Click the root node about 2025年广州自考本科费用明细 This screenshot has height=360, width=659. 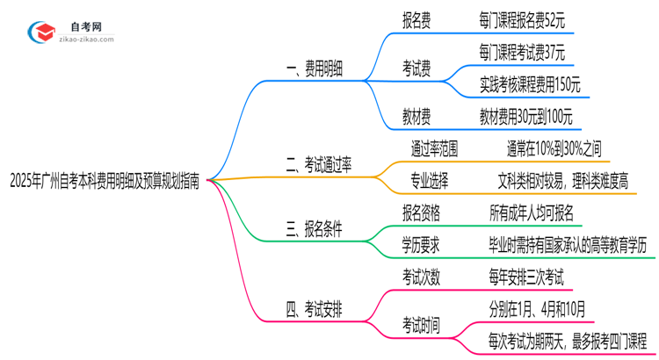pyautogui.click(x=104, y=183)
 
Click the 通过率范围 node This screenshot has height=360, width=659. pyautogui.click(x=434, y=147)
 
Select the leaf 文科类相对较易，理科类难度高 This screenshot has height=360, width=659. pyautogui.click(x=562, y=180)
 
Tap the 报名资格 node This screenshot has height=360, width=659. pyautogui.click(x=421, y=212)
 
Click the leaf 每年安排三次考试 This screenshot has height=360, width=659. pyautogui.click(x=526, y=277)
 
